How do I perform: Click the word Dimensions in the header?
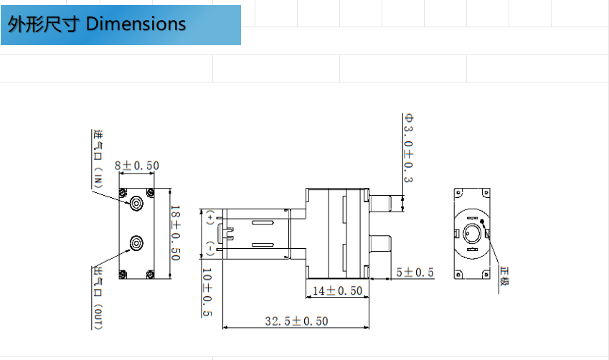click(x=136, y=24)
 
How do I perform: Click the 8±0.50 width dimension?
click(x=136, y=166)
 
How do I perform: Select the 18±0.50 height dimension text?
click(x=175, y=234)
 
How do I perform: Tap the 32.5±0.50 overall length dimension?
click(x=296, y=321)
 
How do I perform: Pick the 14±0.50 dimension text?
click(x=336, y=290)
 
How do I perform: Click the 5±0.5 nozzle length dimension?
click(x=415, y=273)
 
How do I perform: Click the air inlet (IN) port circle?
click(x=136, y=204)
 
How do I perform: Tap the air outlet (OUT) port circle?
click(x=136, y=245)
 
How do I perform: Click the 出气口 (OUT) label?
click(x=98, y=297)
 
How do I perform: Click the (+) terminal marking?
click(x=209, y=216)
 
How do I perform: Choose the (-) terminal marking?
click(x=209, y=249)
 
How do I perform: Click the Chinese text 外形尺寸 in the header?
click(x=42, y=24)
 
